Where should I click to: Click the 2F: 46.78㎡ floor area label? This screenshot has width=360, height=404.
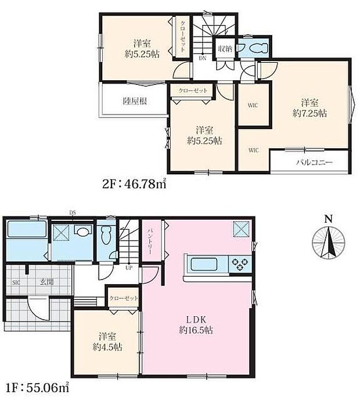[x=134, y=184]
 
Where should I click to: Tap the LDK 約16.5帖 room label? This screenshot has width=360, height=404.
[x=196, y=325]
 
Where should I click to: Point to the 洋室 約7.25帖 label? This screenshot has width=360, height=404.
[x=309, y=108]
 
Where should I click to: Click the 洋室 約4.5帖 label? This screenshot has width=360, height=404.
[x=107, y=342]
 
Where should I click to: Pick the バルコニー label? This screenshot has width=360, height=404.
[x=314, y=162]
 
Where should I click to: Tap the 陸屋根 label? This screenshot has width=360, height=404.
[x=135, y=101]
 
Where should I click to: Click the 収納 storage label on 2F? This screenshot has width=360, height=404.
[x=225, y=49]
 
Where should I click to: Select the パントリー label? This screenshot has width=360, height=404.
[x=150, y=241]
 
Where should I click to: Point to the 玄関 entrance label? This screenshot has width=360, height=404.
[x=46, y=282]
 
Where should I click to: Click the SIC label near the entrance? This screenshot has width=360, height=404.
[x=16, y=283]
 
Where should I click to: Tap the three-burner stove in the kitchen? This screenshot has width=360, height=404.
[x=240, y=265]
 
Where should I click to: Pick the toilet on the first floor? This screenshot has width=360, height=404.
[x=106, y=235]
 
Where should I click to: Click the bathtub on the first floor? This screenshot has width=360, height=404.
[x=27, y=229]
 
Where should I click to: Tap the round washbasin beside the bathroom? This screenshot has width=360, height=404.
[x=83, y=231]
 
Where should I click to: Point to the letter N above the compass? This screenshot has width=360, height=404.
[x=327, y=219]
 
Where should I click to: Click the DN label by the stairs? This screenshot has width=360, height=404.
[x=203, y=58]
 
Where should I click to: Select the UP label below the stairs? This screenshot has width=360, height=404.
[x=129, y=268]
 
